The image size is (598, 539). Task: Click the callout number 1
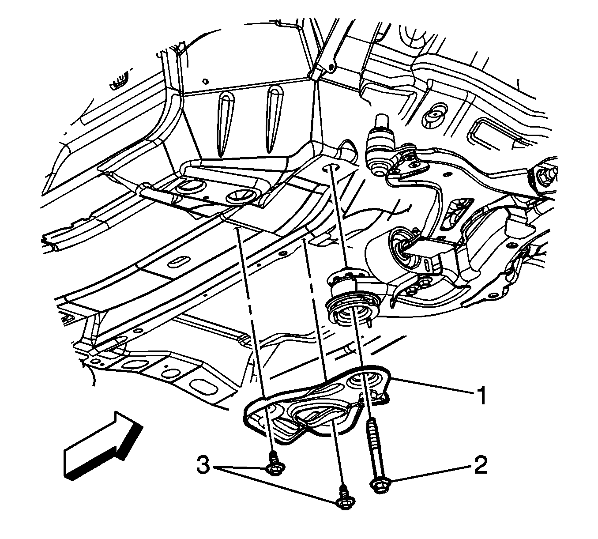[x=481, y=395]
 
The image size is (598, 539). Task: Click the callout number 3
[x=203, y=465]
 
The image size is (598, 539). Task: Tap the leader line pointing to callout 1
[x=432, y=386]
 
